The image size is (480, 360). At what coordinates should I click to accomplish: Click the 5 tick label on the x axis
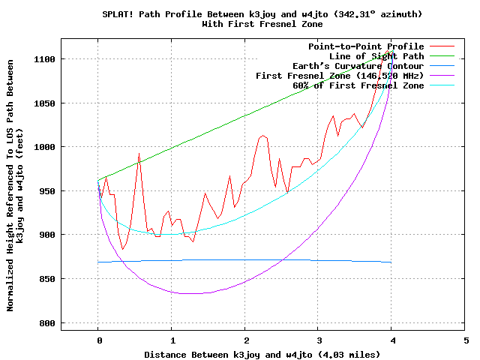tap(466, 339)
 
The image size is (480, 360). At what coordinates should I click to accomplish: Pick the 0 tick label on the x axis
tap(98, 339)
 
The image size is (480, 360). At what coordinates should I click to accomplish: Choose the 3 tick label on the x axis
tap(319, 339)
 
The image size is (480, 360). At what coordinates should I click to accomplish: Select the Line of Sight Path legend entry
tap(376, 56)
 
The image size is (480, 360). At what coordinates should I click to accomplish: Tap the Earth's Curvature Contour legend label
tap(353, 66)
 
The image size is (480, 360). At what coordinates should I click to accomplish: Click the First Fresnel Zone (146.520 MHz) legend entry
tap(340, 76)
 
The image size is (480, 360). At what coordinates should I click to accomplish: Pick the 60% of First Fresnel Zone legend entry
tap(358, 85)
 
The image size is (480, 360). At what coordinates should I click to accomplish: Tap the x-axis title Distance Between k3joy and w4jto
tap(246, 354)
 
